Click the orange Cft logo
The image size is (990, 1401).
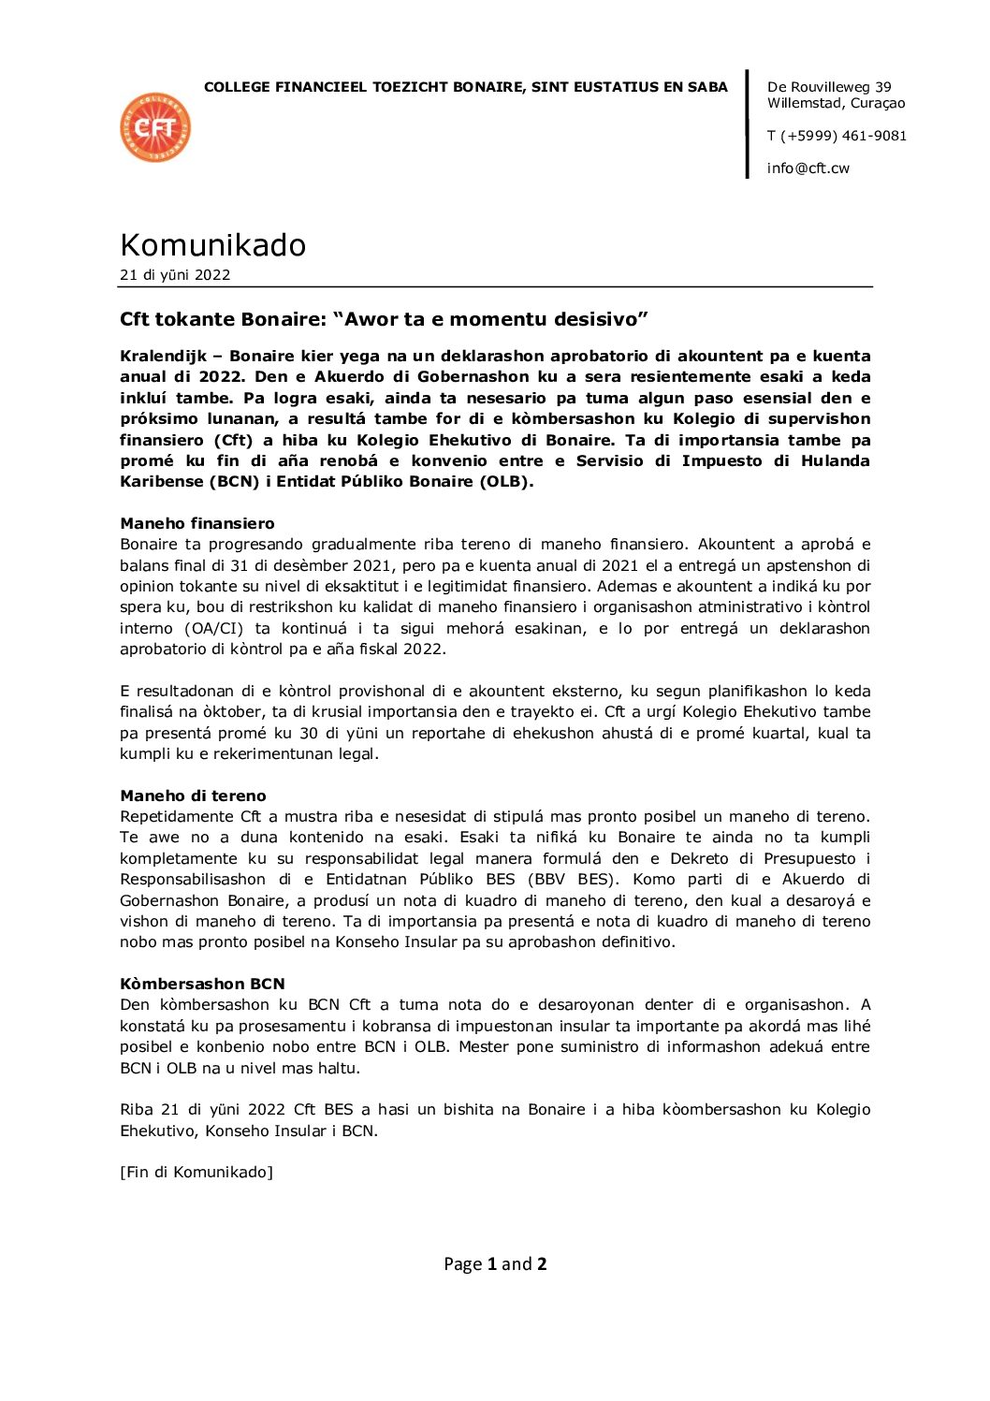[x=155, y=127]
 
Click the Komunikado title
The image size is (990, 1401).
[x=212, y=245]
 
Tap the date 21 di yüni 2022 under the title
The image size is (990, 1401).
[x=175, y=275]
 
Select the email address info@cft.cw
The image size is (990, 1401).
[x=808, y=168]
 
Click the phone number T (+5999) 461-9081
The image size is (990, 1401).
[x=836, y=136]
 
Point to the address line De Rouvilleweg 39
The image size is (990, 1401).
[x=828, y=87]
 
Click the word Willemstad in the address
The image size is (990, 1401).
[x=804, y=103]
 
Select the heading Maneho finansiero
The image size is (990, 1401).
[x=197, y=523]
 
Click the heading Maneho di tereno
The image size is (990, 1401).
[x=193, y=795]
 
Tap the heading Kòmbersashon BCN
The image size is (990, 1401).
[x=202, y=984]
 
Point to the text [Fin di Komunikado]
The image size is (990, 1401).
[x=197, y=1172]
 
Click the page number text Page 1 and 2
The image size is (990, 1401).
[x=495, y=1264]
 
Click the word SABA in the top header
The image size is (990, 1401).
[x=708, y=87]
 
